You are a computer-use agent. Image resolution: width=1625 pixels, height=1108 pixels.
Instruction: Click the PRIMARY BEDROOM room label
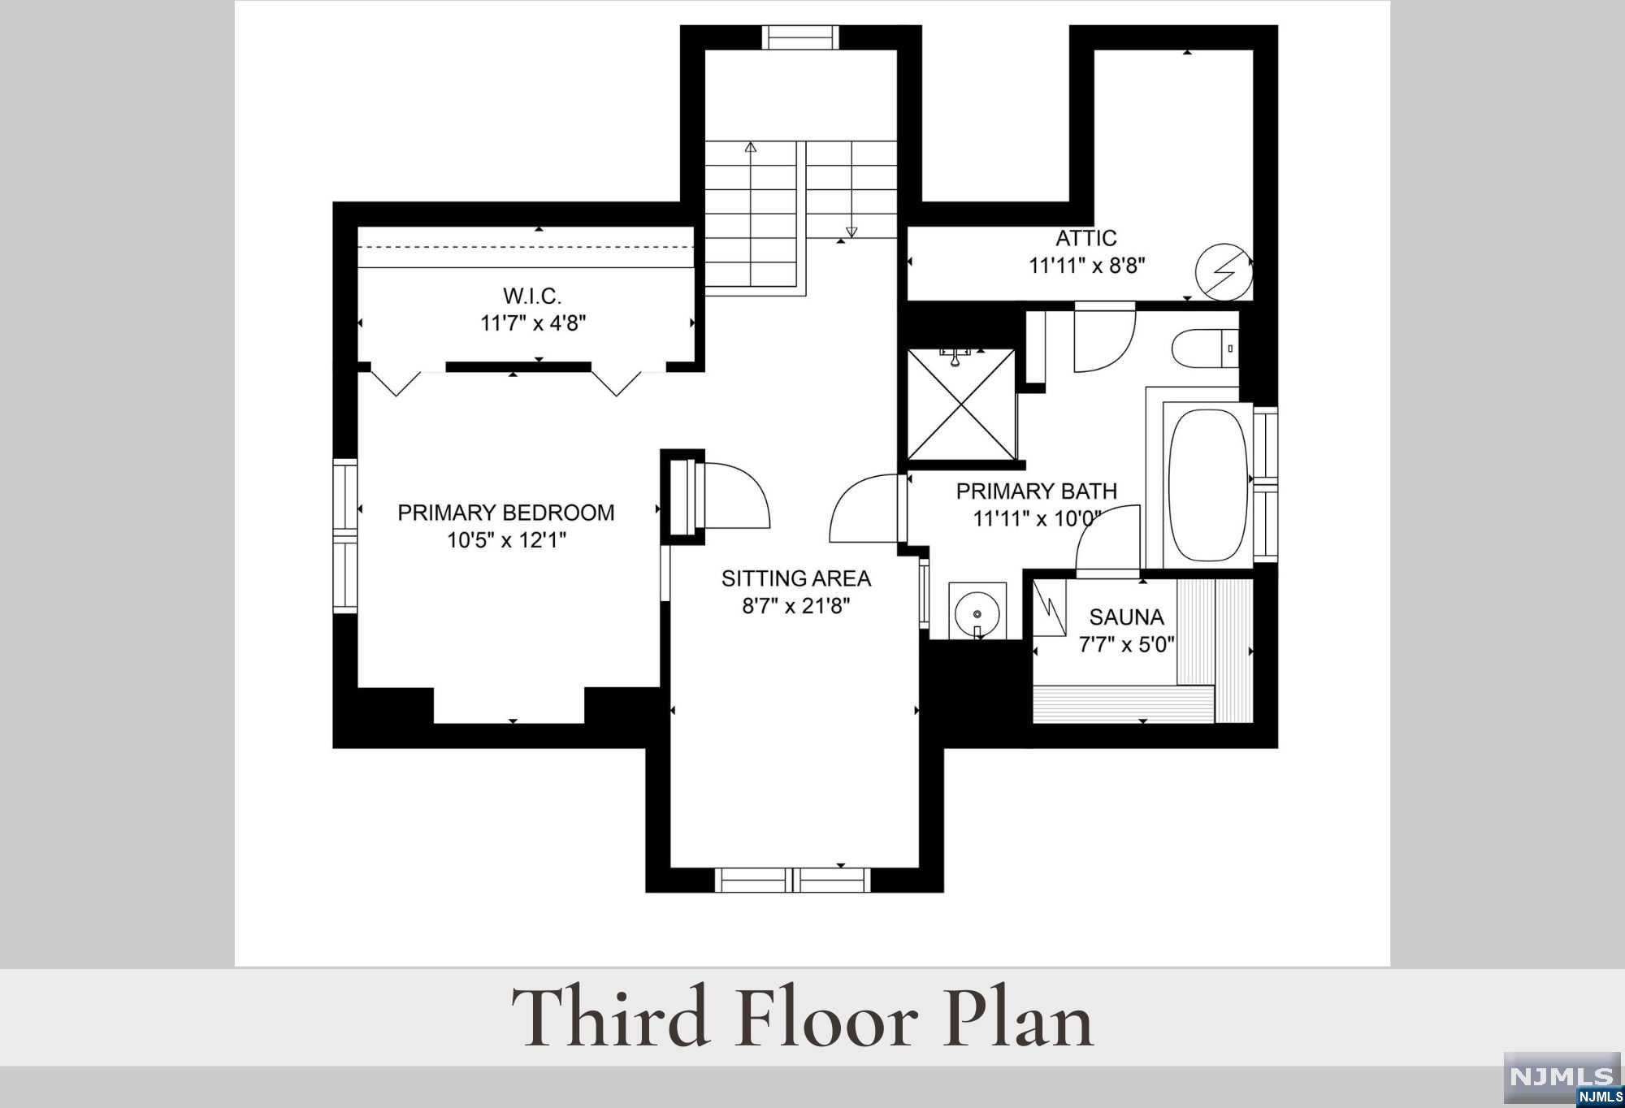click(505, 513)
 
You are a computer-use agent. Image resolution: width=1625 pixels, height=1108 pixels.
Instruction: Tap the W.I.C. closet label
click(532, 295)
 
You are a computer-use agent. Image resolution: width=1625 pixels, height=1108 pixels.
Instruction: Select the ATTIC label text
click(1085, 238)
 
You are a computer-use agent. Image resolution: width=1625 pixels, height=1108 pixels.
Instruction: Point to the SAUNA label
click(1126, 617)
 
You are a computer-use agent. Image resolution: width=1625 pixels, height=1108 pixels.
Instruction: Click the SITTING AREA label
click(796, 578)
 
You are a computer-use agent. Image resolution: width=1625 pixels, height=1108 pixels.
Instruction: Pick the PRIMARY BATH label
click(1036, 491)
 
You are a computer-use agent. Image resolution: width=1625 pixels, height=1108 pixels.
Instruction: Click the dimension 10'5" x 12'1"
click(506, 540)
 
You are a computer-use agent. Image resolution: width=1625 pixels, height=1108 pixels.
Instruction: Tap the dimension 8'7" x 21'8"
click(796, 606)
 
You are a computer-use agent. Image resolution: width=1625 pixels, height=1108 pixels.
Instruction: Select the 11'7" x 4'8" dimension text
click(533, 323)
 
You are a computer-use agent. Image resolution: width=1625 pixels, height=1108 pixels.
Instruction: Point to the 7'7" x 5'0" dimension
click(1126, 645)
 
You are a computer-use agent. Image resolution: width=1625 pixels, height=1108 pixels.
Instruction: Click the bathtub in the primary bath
click(1207, 485)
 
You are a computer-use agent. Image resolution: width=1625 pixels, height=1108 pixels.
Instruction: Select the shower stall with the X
click(961, 405)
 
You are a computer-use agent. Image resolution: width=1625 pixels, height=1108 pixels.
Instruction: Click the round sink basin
click(977, 610)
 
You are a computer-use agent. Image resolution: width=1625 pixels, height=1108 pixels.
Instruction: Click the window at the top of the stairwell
click(800, 37)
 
